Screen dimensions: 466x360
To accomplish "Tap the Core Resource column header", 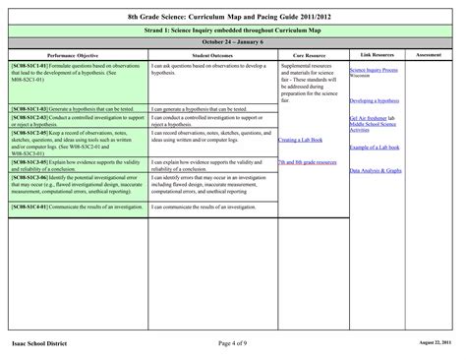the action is coord(313,57).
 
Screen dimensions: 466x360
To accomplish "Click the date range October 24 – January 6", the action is coord(232,44).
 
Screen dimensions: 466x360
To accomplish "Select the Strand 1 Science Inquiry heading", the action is coord(232,31).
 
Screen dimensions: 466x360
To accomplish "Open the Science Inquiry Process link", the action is coord(373,71).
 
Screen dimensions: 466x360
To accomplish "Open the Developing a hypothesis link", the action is coord(374,100).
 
